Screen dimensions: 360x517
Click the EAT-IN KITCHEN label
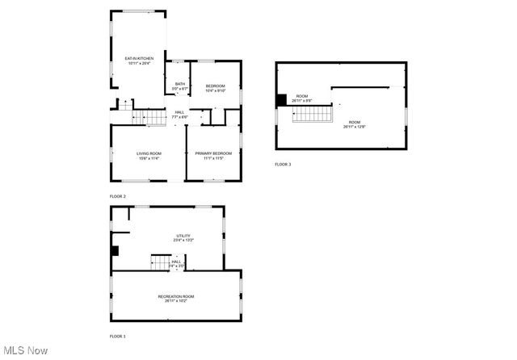139,58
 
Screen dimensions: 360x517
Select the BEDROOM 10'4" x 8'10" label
215,86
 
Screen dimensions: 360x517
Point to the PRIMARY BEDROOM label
213,153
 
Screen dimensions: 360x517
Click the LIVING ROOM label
149,153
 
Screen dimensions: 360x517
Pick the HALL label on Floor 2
179,112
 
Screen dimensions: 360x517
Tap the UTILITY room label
183,236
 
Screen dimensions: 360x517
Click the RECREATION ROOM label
176,296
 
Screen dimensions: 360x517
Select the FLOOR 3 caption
283,165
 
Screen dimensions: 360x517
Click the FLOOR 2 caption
118,196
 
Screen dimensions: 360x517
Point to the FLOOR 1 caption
118,336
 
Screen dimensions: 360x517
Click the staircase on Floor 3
312,115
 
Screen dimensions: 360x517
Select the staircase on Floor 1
160,262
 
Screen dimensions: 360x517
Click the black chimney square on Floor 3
281,99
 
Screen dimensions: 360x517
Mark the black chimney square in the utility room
116,250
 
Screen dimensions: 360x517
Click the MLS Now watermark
26,350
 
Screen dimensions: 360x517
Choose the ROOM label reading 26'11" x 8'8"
301,98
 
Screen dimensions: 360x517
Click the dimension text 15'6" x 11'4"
149,158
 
